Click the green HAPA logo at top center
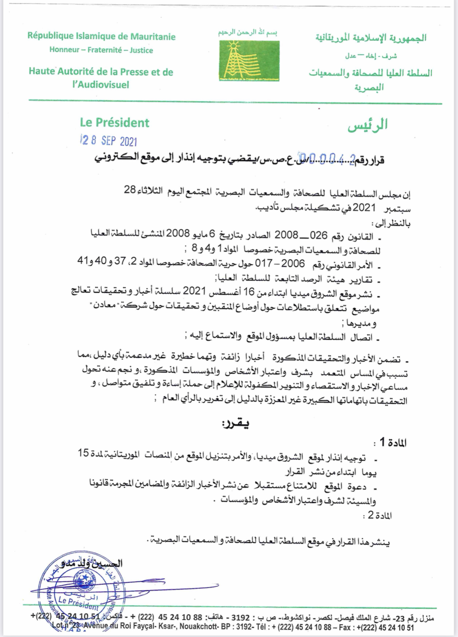(x=249, y=61)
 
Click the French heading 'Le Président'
(x=114, y=123)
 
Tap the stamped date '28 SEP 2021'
(x=109, y=141)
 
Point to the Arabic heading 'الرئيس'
(x=367, y=125)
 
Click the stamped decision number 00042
(x=327, y=159)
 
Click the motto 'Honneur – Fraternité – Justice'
(x=101, y=50)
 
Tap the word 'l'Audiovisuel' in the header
(x=101, y=85)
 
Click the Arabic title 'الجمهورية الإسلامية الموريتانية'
(x=371, y=38)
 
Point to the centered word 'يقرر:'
(x=235, y=424)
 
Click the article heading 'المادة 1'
(x=391, y=442)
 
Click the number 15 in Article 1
(x=83, y=453)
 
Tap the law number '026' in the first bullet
(x=319, y=235)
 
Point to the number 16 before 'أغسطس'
(x=249, y=292)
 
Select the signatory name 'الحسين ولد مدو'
(x=92, y=563)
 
